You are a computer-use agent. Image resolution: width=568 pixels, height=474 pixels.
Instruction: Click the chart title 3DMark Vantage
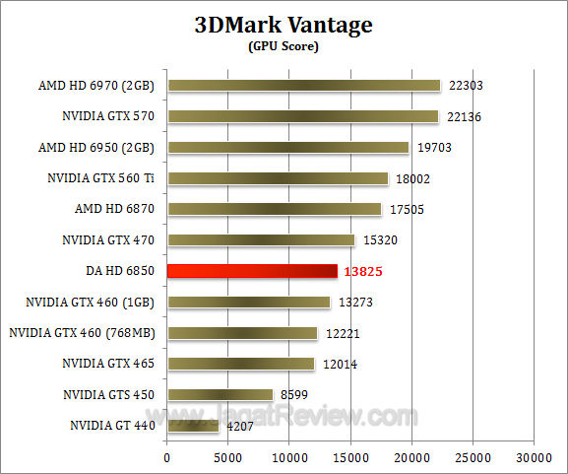283,26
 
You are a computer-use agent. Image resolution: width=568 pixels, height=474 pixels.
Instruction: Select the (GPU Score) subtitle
283,46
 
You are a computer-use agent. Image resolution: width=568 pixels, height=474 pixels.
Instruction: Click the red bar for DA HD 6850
252,271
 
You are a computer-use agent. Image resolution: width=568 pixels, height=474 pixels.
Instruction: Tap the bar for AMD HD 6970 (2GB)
304,86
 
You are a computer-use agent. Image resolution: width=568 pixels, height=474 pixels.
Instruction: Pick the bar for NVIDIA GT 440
193,426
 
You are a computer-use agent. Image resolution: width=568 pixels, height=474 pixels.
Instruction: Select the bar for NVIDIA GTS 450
220,394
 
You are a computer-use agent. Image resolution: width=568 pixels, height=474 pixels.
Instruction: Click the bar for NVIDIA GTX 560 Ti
278,178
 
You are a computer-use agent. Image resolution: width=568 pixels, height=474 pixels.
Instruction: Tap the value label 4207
239,427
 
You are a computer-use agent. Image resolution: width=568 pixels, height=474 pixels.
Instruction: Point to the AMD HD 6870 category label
117,209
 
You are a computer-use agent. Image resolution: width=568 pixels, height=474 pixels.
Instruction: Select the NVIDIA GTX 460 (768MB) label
84,332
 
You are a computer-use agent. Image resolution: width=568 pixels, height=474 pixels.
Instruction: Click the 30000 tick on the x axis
534,458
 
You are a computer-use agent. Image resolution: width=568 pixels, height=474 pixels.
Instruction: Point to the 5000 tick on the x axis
228,458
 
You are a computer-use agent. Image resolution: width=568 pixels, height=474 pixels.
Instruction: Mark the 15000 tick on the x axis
350,458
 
